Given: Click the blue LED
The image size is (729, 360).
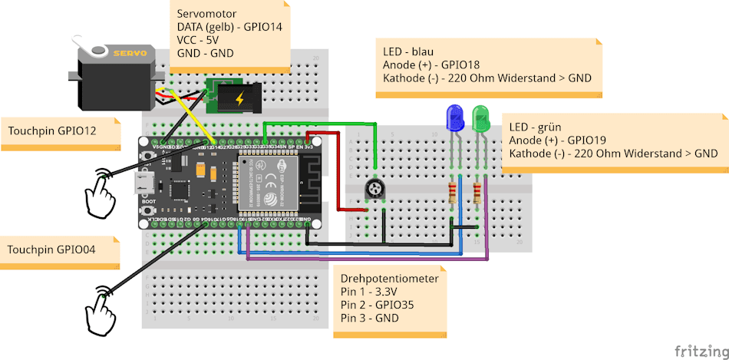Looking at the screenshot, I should pos(454,117).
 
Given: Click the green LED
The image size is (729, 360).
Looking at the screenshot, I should pos(481,117).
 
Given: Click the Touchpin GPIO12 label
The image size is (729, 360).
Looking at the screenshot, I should pos(52,131).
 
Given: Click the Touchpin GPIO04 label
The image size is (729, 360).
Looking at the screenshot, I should pos(51,250).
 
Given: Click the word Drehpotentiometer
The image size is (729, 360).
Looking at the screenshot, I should pos(389,279).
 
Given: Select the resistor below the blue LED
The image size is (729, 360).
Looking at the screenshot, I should pos(452,193).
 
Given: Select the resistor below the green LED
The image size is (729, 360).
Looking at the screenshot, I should pos(479,193).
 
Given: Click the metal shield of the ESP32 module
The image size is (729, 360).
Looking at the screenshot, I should pos(269,183).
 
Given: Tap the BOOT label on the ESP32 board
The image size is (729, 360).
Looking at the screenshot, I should pos(150,201).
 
